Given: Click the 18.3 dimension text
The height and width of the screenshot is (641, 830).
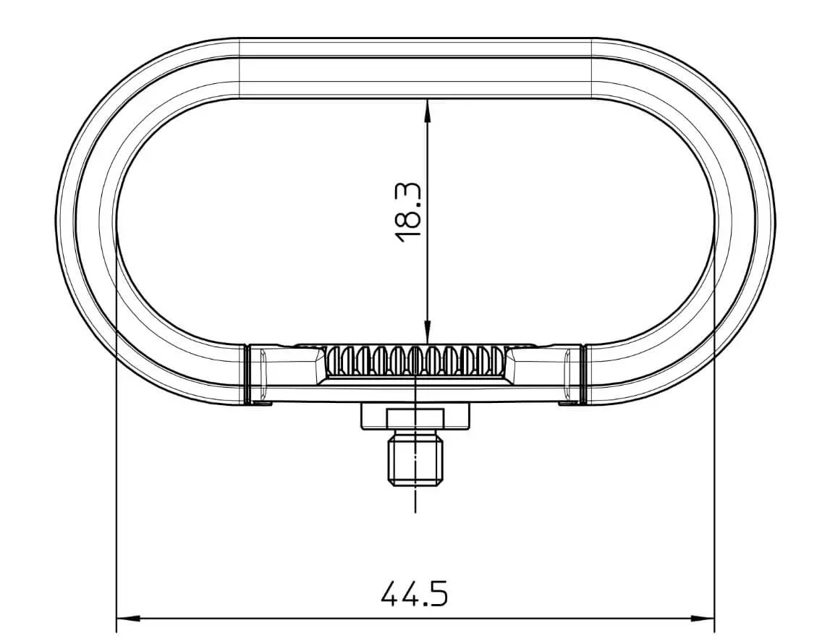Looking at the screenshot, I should (x=410, y=213).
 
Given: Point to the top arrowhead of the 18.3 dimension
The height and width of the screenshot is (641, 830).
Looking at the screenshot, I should (x=428, y=108).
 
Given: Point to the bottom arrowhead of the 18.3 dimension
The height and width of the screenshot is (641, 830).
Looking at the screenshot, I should (x=428, y=334).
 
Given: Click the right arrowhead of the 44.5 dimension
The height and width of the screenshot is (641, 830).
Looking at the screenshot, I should (x=703, y=619).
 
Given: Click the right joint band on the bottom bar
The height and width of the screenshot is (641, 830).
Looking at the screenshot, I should (x=583, y=373).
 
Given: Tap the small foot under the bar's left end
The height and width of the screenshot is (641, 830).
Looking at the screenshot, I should (x=262, y=404).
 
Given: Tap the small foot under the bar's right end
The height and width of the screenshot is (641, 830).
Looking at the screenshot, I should (x=568, y=404).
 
